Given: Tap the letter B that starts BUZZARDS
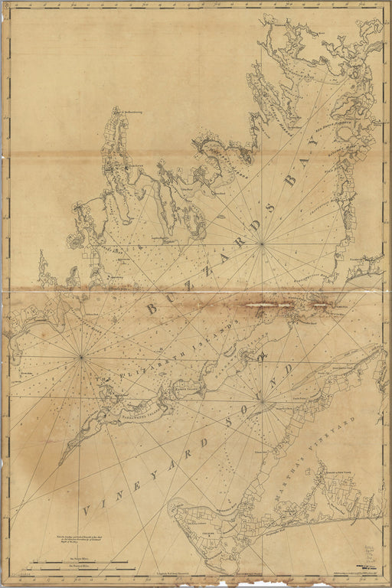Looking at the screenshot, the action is coord(151,308).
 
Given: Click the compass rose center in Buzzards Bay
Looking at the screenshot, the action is coord(262,243).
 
